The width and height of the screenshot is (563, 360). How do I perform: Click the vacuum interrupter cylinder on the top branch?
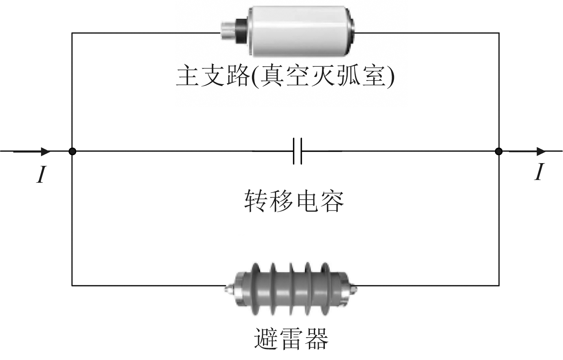(x=288, y=31)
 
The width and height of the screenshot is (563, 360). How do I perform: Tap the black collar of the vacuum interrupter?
(x=241, y=31)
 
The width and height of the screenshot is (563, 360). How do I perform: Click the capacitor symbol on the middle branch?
(x=298, y=151)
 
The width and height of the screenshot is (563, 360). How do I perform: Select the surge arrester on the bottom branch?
(x=291, y=289)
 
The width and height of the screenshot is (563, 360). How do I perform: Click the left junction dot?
(x=72, y=151)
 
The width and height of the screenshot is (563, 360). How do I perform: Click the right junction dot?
(x=499, y=151)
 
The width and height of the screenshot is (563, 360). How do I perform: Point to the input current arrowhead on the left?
(x=46, y=151)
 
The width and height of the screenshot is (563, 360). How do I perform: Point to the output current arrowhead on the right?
(x=541, y=151)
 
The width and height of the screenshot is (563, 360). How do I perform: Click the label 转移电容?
(x=294, y=201)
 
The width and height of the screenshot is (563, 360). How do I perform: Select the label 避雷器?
(x=291, y=338)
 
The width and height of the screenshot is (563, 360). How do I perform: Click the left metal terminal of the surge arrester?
(x=230, y=289)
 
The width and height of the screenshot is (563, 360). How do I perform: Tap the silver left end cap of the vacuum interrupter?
(x=228, y=31)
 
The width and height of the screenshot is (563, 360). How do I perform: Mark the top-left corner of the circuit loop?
(x=72, y=33)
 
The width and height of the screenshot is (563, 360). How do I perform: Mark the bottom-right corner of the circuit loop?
(x=499, y=286)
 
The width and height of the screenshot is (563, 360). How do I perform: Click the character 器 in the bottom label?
(x=317, y=338)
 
